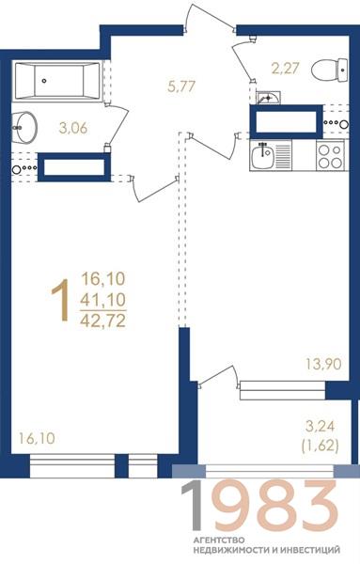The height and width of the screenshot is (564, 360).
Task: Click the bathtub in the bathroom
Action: (58, 81)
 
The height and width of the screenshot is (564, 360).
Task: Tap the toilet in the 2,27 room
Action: (330, 70)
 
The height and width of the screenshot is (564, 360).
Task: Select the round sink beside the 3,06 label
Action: (24, 127)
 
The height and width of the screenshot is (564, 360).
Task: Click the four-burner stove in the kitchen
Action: (330, 155)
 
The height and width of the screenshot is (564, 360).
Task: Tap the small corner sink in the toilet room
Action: (268, 98)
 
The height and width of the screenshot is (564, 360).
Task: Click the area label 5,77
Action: (181, 86)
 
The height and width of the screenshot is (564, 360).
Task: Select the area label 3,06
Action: (73, 128)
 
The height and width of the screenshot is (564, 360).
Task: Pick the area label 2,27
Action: (285, 68)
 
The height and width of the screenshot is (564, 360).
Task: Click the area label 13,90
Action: (323, 364)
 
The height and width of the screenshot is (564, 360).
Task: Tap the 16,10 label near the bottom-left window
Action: (37, 438)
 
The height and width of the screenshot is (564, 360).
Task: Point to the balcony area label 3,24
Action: (321, 427)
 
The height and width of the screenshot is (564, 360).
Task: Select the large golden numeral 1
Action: (60, 300)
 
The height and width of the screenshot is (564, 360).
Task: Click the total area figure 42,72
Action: (103, 321)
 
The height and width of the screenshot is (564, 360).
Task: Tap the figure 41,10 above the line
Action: (103, 299)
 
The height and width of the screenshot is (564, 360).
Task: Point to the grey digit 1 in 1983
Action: (192, 505)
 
